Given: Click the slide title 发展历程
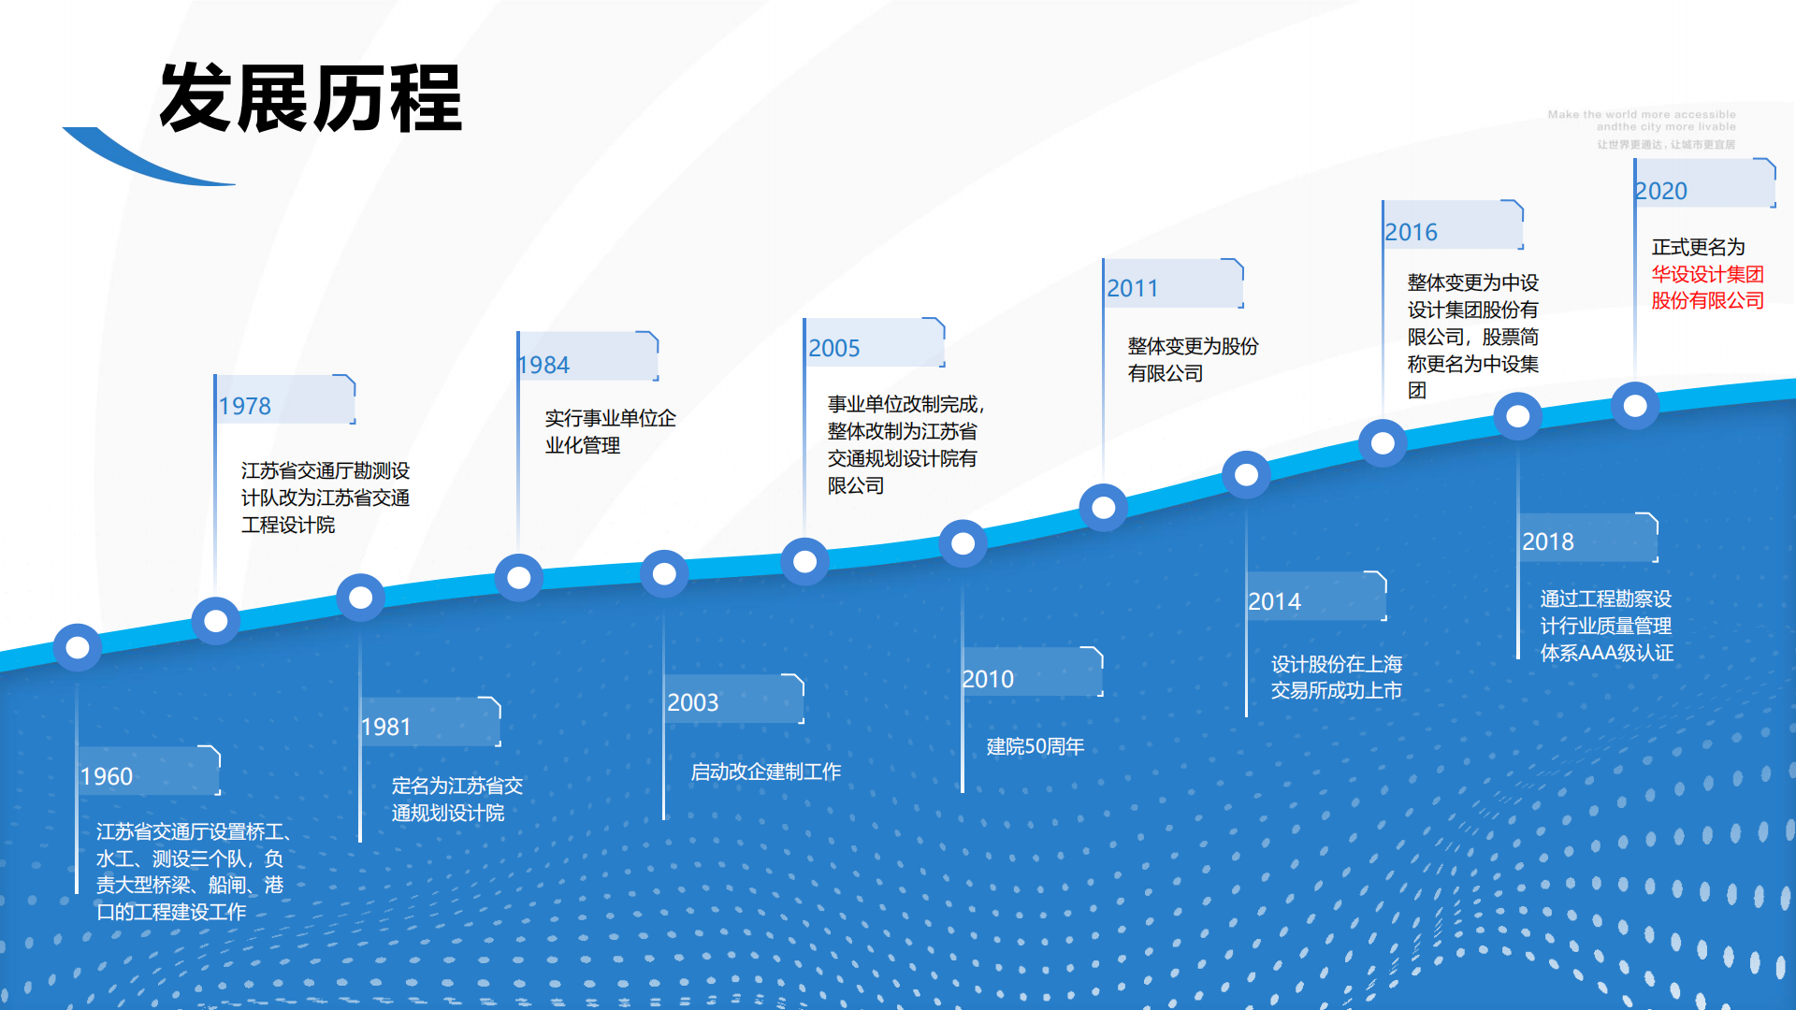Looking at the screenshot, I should [x=311, y=98].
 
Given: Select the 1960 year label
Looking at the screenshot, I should [x=107, y=776].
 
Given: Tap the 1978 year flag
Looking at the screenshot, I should [x=245, y=406].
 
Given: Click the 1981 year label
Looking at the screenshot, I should [x=385, y=727].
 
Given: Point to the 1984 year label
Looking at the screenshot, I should [x=544, y=365].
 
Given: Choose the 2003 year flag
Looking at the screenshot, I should [x=693, y=702].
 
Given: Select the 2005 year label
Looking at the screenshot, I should [x=833, y=348].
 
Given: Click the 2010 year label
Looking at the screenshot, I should [x=988, y=679].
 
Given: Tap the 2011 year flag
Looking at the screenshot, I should [x=1133, y=288].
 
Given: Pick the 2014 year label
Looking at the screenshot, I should [x=1274, y=601].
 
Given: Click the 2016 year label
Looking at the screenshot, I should [x=1411, y=232].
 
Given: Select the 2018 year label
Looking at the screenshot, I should [x=1548, y=541].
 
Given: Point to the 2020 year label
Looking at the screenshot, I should [x=1661, y=191].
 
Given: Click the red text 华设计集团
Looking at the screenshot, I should [x=1707, y=274].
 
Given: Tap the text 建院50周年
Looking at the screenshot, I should [x=1035, y=746].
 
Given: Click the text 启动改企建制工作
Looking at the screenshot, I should [x=765, y=772].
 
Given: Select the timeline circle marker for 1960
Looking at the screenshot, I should [x=78, y=647].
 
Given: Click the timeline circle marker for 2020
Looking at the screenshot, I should [x=1635, y=406].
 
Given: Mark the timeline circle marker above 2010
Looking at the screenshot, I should [x=963, y=543].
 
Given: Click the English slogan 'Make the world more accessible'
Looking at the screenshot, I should [x=1642, y=114].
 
